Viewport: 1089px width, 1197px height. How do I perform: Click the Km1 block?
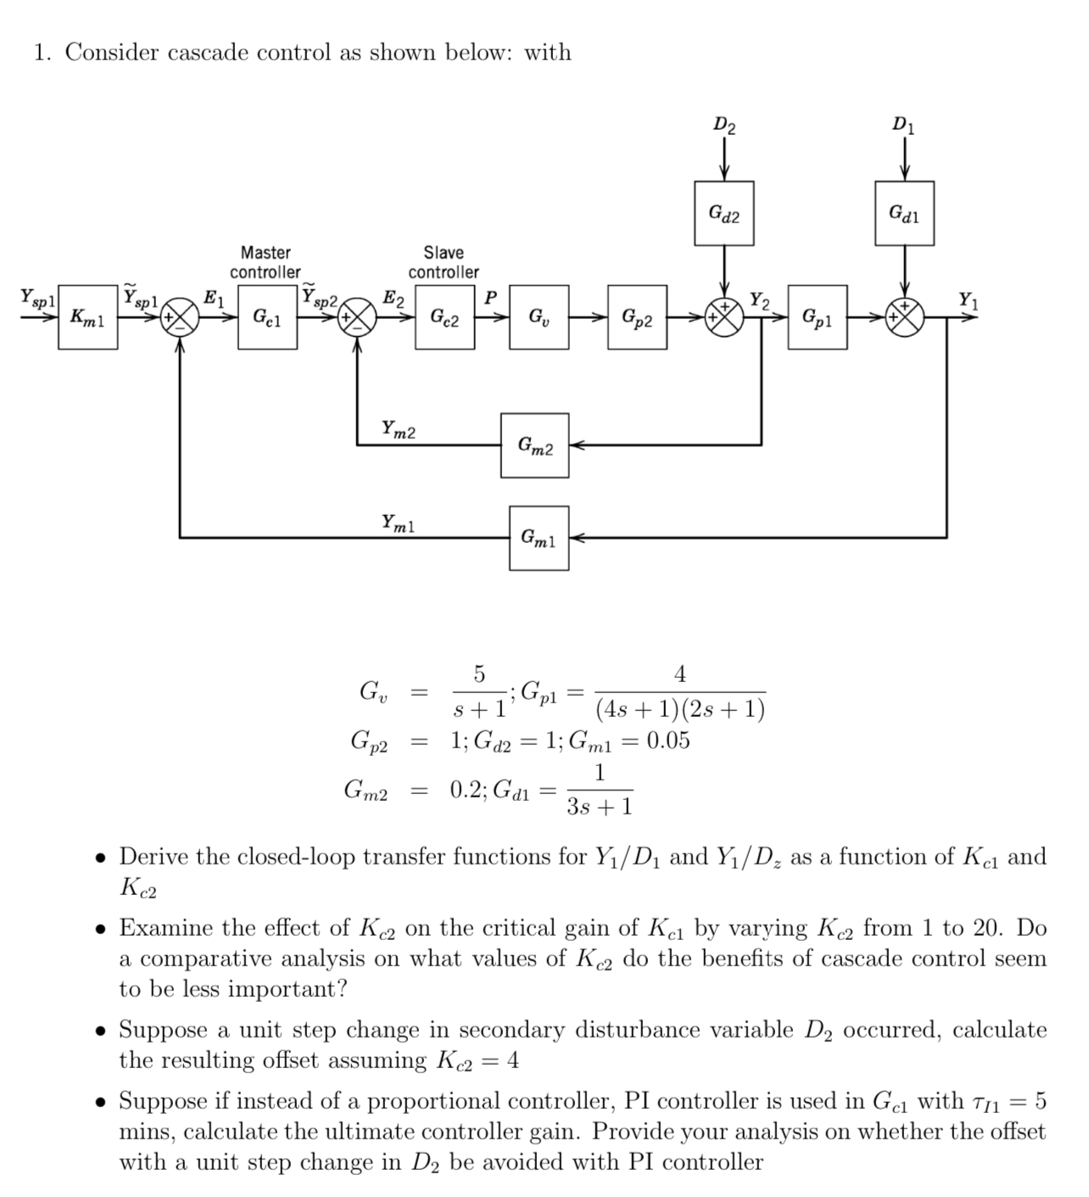(87, 317)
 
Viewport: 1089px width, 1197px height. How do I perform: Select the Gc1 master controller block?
(267, 317)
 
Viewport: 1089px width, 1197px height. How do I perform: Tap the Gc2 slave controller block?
(444, 317)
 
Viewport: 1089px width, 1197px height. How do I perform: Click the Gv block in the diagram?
(539, 317)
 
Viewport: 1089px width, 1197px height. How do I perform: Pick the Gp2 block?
(637, 317)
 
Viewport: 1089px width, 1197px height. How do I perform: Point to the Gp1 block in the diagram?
(817, 317)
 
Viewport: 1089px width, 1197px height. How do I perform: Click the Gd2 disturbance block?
(723, 213)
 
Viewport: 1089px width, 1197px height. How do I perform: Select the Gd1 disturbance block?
(904, 213)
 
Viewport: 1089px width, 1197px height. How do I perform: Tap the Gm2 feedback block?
(534, 445)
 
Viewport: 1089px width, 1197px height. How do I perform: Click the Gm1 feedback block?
(539, 538)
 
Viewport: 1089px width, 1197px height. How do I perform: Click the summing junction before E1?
(181, 319)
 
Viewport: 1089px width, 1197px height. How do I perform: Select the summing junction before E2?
(358, 319)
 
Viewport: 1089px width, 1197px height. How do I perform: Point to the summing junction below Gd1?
(904, 319)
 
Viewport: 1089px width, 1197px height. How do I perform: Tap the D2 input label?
(723, 126)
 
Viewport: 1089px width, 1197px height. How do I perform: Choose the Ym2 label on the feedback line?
(398, 429)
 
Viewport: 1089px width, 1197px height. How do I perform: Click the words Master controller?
(265, 262)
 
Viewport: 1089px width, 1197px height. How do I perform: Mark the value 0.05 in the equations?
(667, 741)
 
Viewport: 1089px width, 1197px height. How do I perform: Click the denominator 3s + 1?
(600, 806)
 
